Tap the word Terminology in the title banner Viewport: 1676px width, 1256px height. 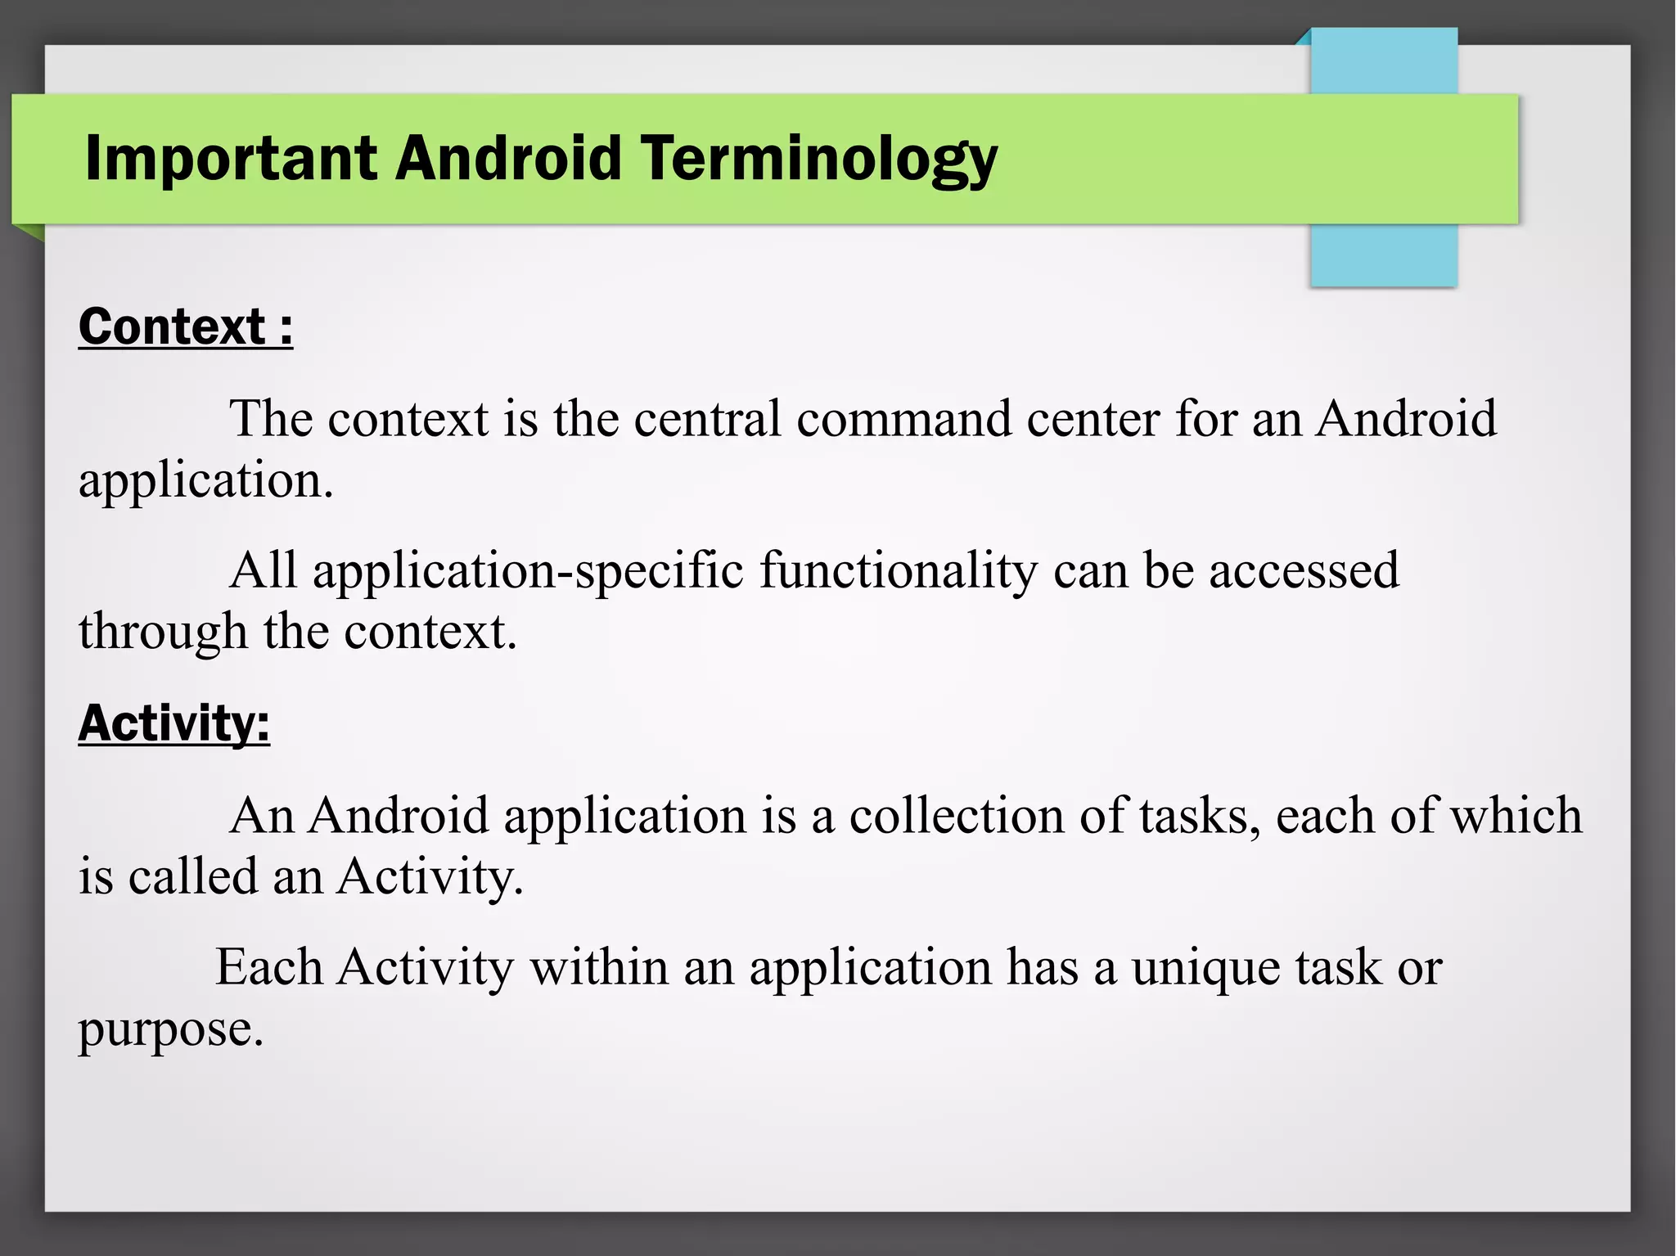click(x=818, y=158)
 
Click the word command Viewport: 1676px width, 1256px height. click(x=903, y=419)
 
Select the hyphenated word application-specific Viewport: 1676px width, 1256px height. click(x=528, y=570)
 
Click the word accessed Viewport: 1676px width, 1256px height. click(x=1304, y=570)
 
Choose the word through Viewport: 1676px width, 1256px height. click(x=163, y=633)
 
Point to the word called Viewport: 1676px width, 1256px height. click(x=193, y=876)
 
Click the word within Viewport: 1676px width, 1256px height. click(x=598, y=967)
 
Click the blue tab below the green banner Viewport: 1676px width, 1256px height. click(x=1383, y=255)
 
